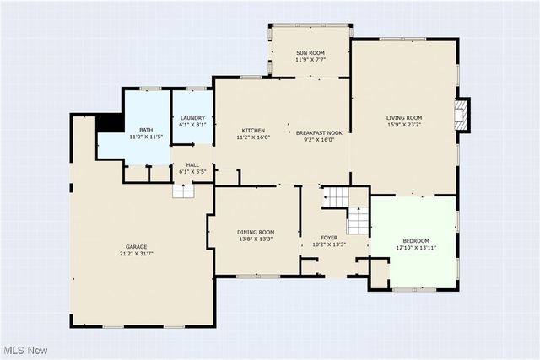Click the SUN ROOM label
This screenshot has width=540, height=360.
pyautogui.click(x=310, y=52)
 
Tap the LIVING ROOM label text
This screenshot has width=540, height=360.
pyautogui.click(x=404, y=118)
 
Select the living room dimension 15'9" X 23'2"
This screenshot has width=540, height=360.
pyautogui.click(x=404, y=125)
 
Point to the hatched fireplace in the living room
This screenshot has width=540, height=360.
pyautogui.click(x=462, y=116)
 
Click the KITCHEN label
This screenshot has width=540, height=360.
pyautogui.click(x=253, y=131)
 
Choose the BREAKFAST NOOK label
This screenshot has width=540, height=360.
pyautogui.click(x=319, y=133)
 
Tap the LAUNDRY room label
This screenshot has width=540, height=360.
pyautogui.click(x=192, y=118)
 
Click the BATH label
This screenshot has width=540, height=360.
pyautogui.click(x=146, y=130)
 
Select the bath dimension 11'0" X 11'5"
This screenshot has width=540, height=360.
pyautogui.click(x=146, y=137)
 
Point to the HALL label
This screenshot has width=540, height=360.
pyautogui.click(x=192, y=165)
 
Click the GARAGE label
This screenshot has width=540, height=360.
pyautogui.click(x=137, y=247)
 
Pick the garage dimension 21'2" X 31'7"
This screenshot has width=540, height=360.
pyautogui.click(x=137, y=254)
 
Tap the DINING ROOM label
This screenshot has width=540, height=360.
pyautogui.click(x=256, y=232)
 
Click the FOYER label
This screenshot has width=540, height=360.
pyautogui.click(x=329, y=238)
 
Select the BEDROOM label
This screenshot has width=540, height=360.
pyautogui.click(x=416, y=240)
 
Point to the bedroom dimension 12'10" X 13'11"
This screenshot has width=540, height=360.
pyautogui.click(x=416, y=248)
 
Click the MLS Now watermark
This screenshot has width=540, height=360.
pyautogui.click(x=24, y=351)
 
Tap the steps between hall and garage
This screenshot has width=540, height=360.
pyautogui.click(x=183, y=191)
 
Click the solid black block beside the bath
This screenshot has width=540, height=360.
pyautogui.click(x=110, y=123)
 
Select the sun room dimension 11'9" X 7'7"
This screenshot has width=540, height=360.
pyautogui.click(x=310, y=60)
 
